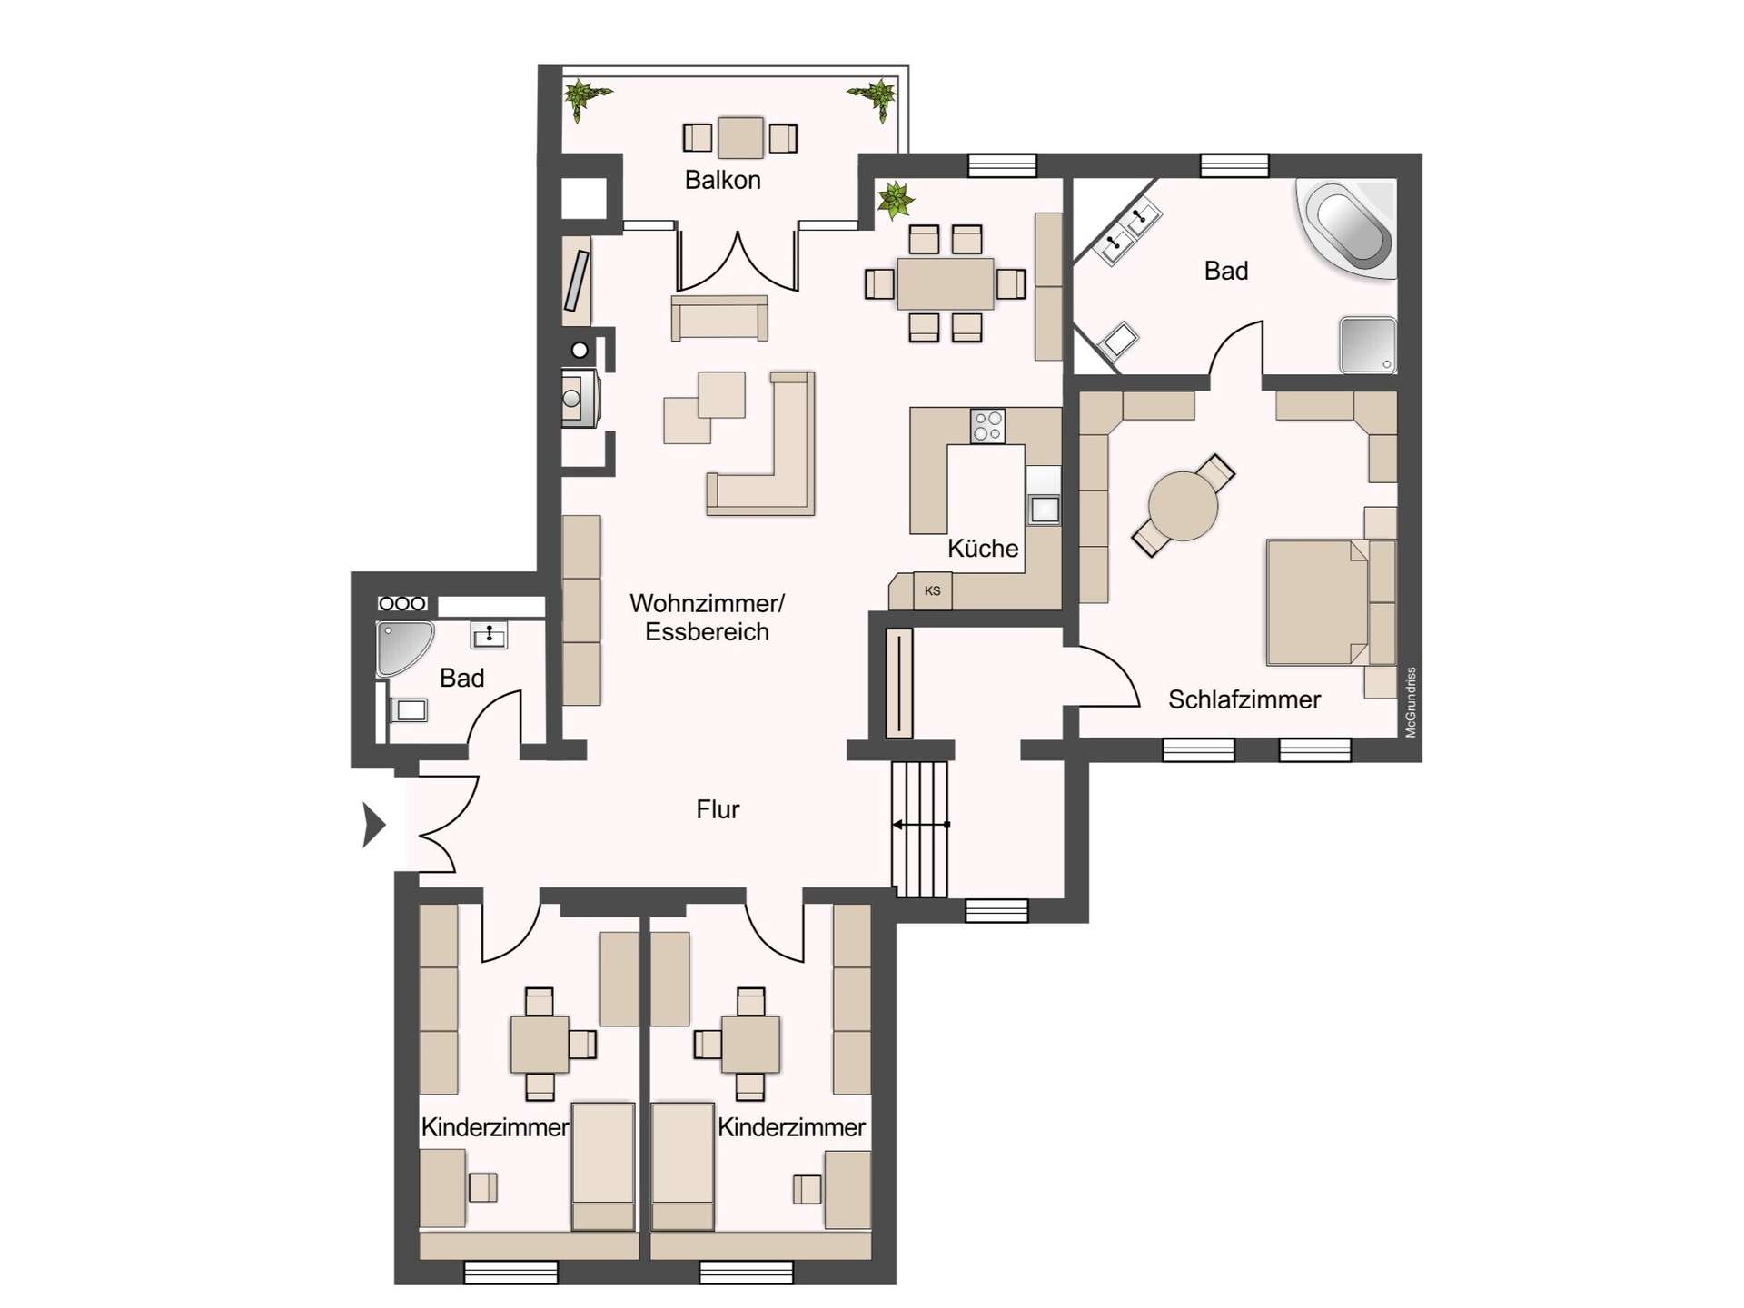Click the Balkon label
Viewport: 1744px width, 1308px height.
pos(722,180)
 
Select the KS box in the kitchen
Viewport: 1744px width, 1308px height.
pos(932,590)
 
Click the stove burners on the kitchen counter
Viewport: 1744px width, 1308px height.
pos(987,425)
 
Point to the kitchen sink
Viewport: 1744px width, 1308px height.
pos(1044,509)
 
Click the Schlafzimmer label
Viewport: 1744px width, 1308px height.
pos(1244,699)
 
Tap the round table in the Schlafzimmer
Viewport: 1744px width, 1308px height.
pos(1182,506)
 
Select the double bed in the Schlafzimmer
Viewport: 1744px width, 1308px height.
pos(1317,602)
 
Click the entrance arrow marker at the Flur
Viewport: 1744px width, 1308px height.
pos(373,825)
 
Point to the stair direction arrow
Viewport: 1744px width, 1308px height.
pos(919,825)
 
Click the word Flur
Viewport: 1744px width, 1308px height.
pos(718,809)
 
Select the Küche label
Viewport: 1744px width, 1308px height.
pos(982,549)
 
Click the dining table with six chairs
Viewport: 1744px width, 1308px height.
pos(945,283)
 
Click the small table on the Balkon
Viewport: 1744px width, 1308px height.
pos(740,138)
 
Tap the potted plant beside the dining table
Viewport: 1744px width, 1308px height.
pos(895,200)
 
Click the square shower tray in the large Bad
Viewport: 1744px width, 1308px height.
pos(1367,344)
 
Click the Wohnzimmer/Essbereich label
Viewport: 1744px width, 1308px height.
pos(707,617)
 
